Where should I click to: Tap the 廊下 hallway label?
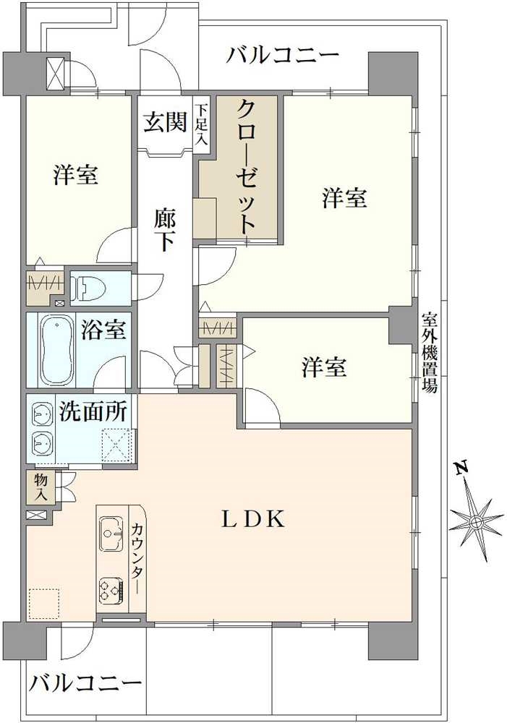[x=165, y=229]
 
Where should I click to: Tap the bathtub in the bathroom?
[x=54, y=351]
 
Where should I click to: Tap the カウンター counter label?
[x=136, y=560]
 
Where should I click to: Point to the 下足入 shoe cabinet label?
[x=201, y=124]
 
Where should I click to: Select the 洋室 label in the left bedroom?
[x=76, y=175]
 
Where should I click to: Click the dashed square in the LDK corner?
[x=43, y=603]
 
